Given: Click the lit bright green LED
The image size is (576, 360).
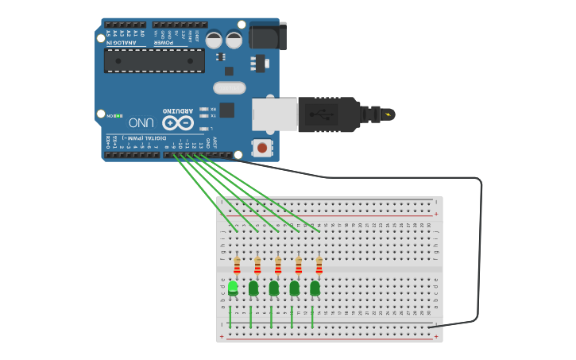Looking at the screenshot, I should pyautogui.click(x=233, y=287).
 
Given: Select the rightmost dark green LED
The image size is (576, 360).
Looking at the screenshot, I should pyautogui.click(x=315, y=288).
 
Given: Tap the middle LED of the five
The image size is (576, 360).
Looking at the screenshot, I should pyautogui.click(x=274, y=288).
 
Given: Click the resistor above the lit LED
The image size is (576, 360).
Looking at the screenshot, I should pyautogui.click(x=237, y=265).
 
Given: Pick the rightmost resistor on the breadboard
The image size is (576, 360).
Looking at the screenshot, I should pyautogui.click(x=319, y=265).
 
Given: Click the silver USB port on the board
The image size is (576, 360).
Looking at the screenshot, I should pyautogui.click(x=274, y=114).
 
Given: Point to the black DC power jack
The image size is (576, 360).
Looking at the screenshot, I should pyautogui.click(x=267, y=36).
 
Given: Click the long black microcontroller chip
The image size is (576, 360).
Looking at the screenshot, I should pyautogui.click(x=154, y=60).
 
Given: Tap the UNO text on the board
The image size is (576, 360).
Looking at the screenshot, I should pyautogui.click(x=141, y=122).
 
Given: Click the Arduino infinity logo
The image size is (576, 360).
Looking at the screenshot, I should pyautogui.click(x=178, y=122).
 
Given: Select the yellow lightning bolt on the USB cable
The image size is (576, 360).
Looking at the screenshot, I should pyautogui.click(x=388, y=114).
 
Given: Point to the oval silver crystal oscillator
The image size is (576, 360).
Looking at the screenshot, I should pyautogui.click(x=230, y=87).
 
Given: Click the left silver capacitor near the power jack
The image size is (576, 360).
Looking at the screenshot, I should pyautogui.click(x=214, y=40).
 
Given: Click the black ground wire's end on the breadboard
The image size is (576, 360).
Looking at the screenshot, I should pyautogui.click(x=430, y=327).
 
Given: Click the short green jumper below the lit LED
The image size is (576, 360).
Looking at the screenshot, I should pyautogui.click(x=230, y=315).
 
